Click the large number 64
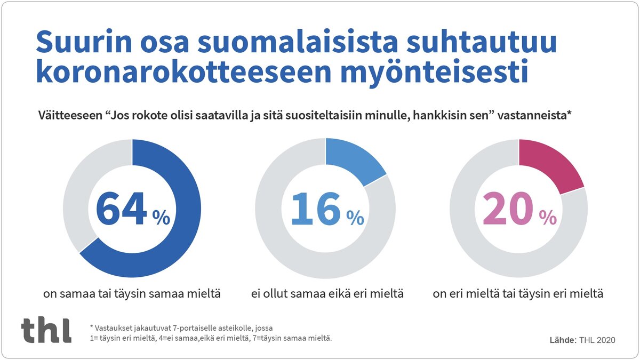coord(122,209)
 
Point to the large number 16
coord(316,209)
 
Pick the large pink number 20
coord(508,209)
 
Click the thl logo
coord(46,330)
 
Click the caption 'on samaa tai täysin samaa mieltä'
coord(132,294)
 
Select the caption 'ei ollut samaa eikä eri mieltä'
coord(327,294)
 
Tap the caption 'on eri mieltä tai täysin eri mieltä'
coord(518,294)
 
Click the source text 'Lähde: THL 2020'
coord(582,340)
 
